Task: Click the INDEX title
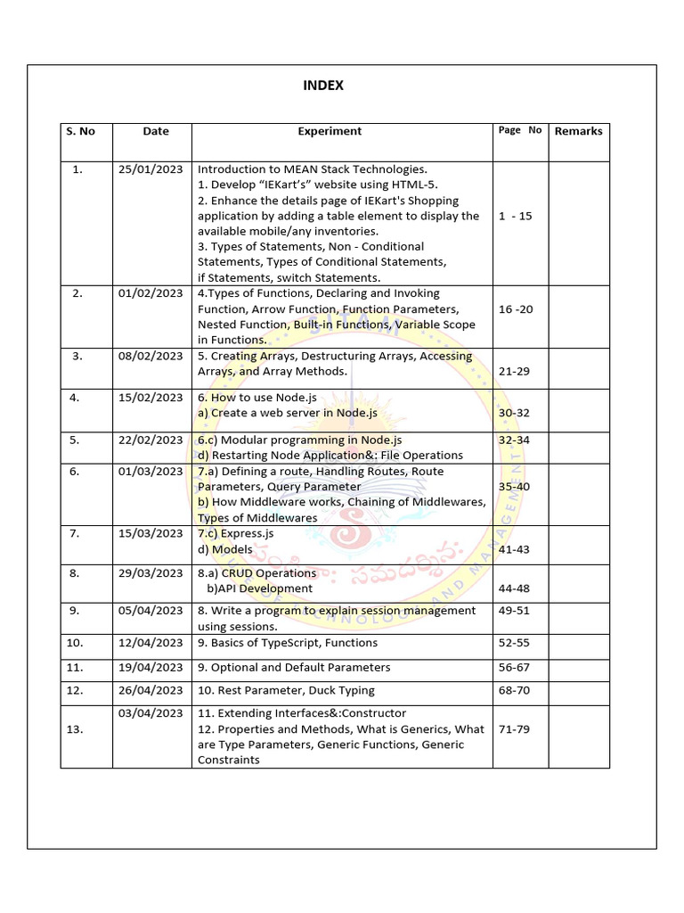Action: coord(322,86)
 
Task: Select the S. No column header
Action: coord(80,131)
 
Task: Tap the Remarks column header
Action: coord(578,131)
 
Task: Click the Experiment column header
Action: coord(330,131)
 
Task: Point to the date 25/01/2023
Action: coord(151,169)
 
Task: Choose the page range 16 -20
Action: coord(517,309)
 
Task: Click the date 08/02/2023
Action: coord(151,356)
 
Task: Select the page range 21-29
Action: coord(515,371)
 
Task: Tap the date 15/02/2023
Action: coord(151,398)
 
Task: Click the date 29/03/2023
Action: coord(151,573)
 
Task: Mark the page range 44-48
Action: coord(515,588)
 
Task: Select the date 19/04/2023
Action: coord(151,667)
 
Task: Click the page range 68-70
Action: coord(515,690)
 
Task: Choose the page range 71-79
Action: coord(515,729)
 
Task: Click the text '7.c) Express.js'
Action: coord(235,533)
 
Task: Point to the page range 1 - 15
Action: coord(516,216)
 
